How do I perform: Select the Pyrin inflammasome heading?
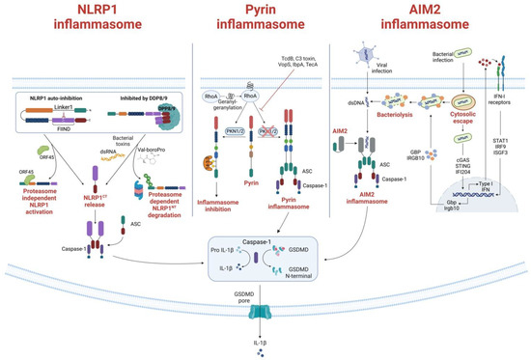coord(254,20)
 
